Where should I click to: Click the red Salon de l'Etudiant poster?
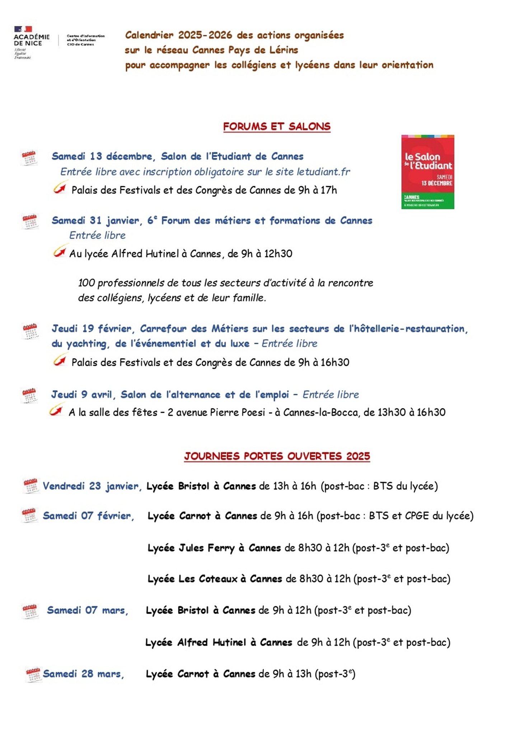[x=427, y=172]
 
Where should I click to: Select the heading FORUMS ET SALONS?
[x=277, y=126]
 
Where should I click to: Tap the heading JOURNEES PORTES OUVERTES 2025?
[x=277, y=456]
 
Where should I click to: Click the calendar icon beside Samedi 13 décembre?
[x=29, y=158]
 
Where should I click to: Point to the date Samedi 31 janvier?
[x=95, y=220]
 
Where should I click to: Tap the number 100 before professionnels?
[x=86, y=283]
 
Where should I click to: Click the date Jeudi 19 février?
[x=93, y=328]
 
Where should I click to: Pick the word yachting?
[x=86, y=344]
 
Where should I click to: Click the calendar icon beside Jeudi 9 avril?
[x=29, y=395]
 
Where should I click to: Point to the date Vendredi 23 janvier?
[x=92, y=486]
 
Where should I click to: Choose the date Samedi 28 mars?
[x=83, y=674]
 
